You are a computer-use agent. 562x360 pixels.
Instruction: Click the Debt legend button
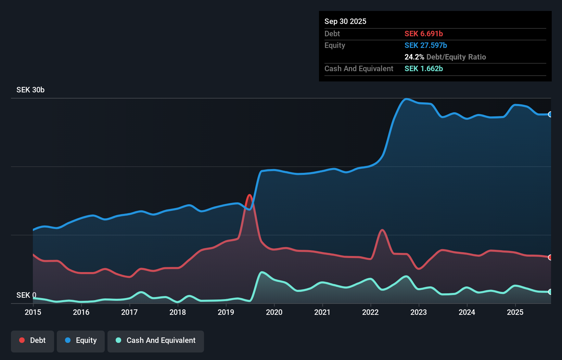click(33, 340)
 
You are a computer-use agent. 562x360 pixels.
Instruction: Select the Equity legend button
click(81, 340)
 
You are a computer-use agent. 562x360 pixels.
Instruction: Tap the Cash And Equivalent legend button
click(156, 340)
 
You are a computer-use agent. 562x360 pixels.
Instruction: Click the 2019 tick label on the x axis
click(226, 312)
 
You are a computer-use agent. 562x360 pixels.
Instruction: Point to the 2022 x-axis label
click(370, 312)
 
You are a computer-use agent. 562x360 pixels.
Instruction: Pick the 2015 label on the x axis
click(33, 312)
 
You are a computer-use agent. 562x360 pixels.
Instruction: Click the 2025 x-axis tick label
click(515, 312)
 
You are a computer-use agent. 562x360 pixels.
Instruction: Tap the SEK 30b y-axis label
click(30, 90)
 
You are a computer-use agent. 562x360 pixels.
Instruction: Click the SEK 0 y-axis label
click(26, 295)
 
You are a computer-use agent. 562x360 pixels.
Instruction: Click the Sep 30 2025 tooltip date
click(345, 21)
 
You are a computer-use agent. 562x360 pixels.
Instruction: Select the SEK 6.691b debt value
click(424, 34)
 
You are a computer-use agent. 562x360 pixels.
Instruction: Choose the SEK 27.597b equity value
click(426, 45)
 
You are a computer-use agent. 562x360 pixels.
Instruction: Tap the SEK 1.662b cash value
click(424, 68)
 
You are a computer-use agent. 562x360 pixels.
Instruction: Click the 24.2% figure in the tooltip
click(414, 57)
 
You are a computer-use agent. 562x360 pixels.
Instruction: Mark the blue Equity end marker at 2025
click(550, 114)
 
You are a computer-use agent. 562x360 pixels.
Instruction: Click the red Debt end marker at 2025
click(550, 257)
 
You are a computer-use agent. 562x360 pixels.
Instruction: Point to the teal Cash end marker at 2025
click(550, 292)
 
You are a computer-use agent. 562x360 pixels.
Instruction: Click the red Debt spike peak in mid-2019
click(250, 195)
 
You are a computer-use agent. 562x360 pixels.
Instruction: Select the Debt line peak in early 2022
click(382, 230)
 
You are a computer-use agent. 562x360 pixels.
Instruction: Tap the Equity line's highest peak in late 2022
click(406, 99)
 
